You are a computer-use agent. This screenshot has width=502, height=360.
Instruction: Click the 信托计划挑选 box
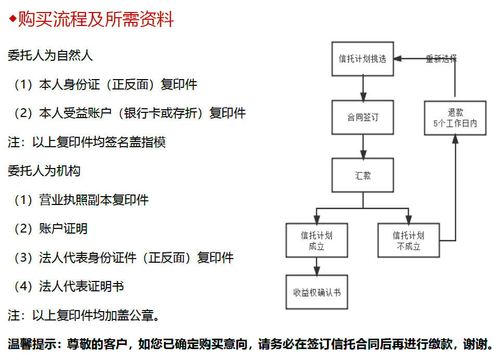tap(362, 59)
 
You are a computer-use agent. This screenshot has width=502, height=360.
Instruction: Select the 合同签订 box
tap(362, 117)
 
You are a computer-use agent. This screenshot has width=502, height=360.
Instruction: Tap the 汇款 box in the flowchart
tap(362, 175)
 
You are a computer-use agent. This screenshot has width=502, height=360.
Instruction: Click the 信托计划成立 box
tap(317, 240)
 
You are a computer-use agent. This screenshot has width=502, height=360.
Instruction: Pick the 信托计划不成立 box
tap(408, 240)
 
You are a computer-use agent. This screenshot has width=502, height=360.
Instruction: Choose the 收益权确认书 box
tap(317, 292)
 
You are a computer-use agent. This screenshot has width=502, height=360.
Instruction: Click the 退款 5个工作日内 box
tap(455, 118)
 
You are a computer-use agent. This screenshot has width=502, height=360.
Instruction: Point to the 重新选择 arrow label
tap(441, 59)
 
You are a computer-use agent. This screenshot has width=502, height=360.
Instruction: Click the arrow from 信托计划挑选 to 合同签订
tap(363, 88)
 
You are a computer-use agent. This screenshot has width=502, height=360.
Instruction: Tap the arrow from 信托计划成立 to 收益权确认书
tap(317, 266)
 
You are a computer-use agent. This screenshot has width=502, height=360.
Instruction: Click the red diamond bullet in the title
tap(12, 20)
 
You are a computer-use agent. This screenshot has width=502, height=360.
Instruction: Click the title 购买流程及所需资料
tap(96, 20)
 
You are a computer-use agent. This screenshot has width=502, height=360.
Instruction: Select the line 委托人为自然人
tap(50, 55)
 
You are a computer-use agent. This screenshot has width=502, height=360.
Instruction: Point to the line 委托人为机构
tap(44, 171)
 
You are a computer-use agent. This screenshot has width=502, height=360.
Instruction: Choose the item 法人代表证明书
tap(81, 286)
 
